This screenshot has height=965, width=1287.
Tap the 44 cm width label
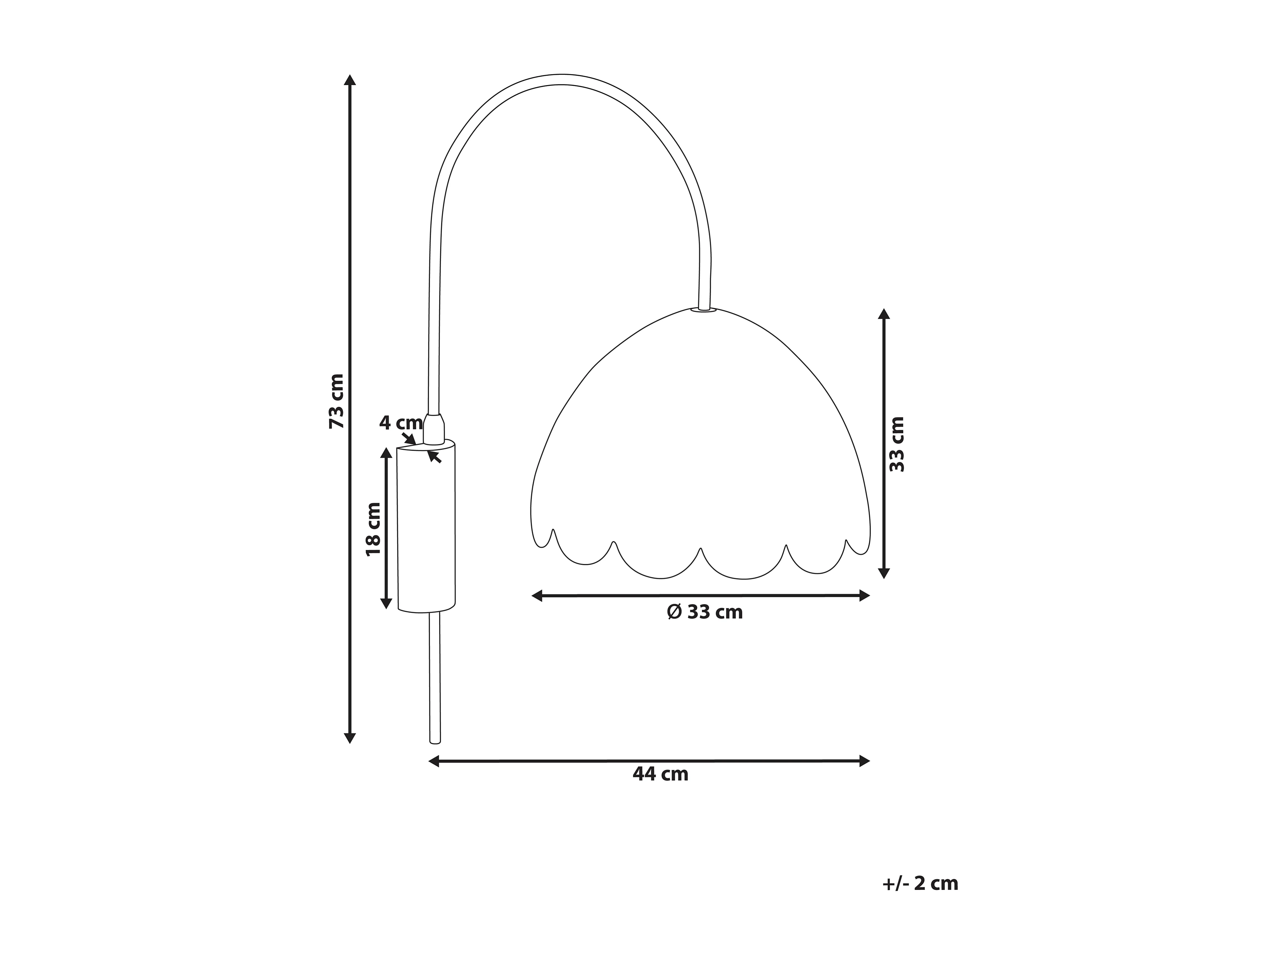[660, 774]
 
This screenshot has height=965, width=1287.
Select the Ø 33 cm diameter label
[704, 612]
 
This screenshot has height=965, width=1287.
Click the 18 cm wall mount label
[373, 529]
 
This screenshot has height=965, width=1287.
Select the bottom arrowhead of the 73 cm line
[350, 738]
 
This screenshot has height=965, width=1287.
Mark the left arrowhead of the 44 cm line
[433, 761]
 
